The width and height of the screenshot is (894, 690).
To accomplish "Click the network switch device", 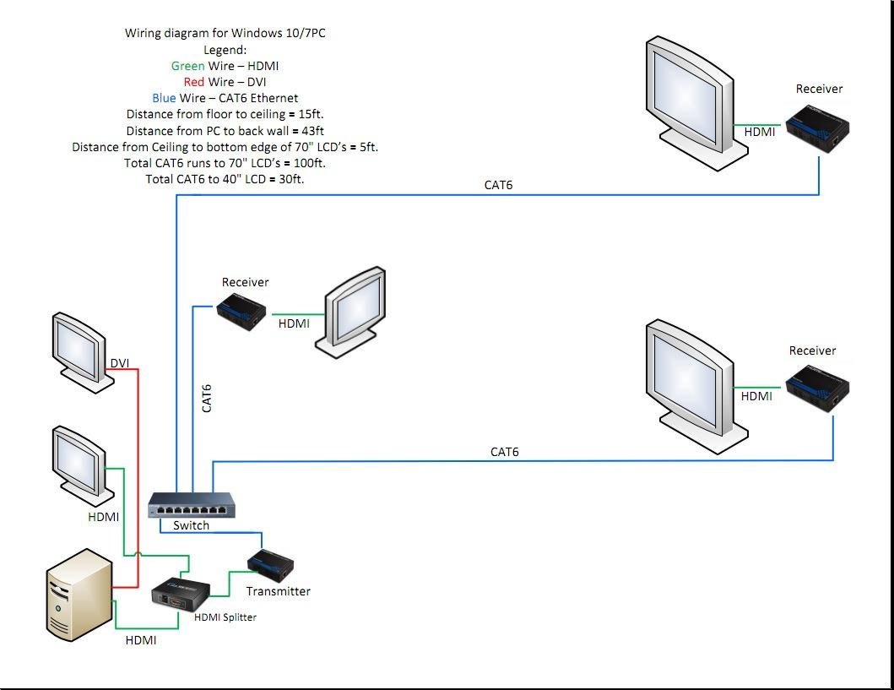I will (192, 505).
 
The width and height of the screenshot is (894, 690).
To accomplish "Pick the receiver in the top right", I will (817, 127).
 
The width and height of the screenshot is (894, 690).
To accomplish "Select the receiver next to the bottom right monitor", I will (817, 388).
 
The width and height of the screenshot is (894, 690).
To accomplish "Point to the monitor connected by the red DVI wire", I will (82, 350).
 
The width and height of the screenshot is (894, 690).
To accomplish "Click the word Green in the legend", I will (187, 66).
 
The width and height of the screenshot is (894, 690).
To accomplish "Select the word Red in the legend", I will (193, 82).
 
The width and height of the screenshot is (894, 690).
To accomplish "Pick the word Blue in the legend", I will (164, 98).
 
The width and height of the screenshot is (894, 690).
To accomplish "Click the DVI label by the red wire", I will (120, 363).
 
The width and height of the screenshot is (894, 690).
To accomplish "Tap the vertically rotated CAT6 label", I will (207, 398).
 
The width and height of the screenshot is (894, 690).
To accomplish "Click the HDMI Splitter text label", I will (225, 617).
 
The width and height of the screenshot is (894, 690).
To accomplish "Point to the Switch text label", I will (191, 525).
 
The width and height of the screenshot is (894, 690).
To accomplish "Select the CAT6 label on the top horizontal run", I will (498, 185).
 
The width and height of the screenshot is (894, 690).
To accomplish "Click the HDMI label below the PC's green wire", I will (141, 640).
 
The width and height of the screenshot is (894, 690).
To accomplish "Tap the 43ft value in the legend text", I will (307, 131).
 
